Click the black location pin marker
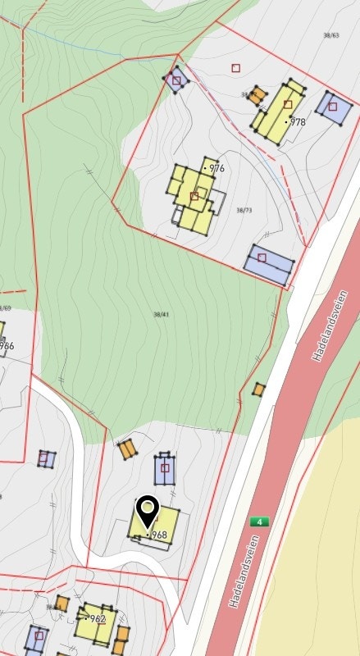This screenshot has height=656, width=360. (148, 512)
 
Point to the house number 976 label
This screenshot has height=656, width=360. (216, 168)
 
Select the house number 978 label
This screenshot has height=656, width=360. (297, 121)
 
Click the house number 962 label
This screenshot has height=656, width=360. (98, 619)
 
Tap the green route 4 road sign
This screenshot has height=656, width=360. (260, 522)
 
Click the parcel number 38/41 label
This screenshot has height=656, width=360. (161, 315)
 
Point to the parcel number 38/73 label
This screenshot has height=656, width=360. (244, 211)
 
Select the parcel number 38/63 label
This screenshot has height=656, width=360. (331, 35)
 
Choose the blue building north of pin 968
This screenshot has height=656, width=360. (165, 470)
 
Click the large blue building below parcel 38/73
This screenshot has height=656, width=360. (268, 263)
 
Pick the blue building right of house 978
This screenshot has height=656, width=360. (332, 107)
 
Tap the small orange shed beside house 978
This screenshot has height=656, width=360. (257, 96)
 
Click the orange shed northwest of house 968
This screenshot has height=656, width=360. (126, 449)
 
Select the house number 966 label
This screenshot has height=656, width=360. (7, 345)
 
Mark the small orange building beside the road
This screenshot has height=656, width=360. (259, 389)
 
